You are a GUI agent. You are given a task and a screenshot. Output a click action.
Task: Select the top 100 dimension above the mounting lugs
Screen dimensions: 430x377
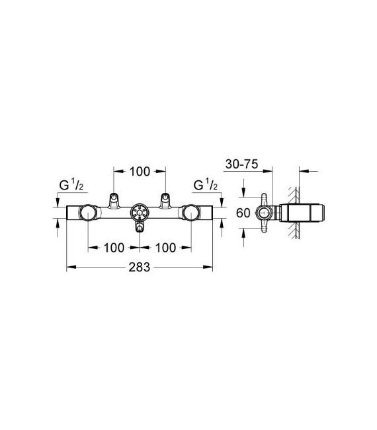pyautogui.click(x=139, y=171)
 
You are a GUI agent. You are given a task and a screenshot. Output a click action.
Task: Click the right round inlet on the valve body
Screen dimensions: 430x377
pyautogui.click(x=190, y=213)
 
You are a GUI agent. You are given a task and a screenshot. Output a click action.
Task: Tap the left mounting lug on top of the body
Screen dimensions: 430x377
pyautogui.click(x=114, y=199)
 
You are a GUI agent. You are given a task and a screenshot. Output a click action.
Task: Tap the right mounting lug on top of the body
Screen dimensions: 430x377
pyautogui.click(x=164, y=199)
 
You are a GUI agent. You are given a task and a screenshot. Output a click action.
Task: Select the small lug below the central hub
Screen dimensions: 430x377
pyautogui.click(x=139, y=229)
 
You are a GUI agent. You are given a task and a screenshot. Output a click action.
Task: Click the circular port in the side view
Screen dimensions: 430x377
pyautogui.click(x=263, y=213)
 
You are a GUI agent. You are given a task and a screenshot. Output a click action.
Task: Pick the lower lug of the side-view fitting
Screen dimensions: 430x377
pyautogui.click(x=263, y=229)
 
